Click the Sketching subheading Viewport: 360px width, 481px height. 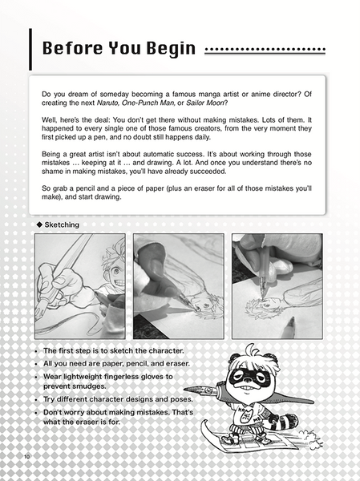click(x=63, y=225)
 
